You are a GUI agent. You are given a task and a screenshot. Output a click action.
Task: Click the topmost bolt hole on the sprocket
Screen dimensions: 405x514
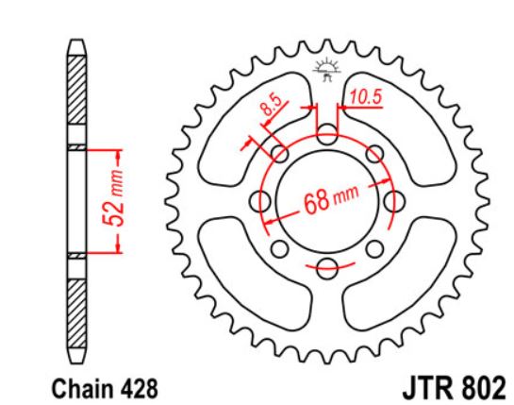click(325, 136)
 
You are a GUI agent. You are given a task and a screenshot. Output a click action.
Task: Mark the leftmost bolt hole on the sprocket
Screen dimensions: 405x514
click(261, 201)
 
